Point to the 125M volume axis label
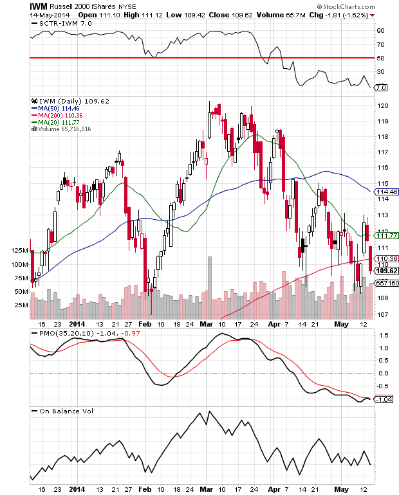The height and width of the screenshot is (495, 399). pyautogui.click(x=20, y=250)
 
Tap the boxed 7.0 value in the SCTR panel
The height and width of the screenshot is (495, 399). pyautogui.click(x=380, y=87)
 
